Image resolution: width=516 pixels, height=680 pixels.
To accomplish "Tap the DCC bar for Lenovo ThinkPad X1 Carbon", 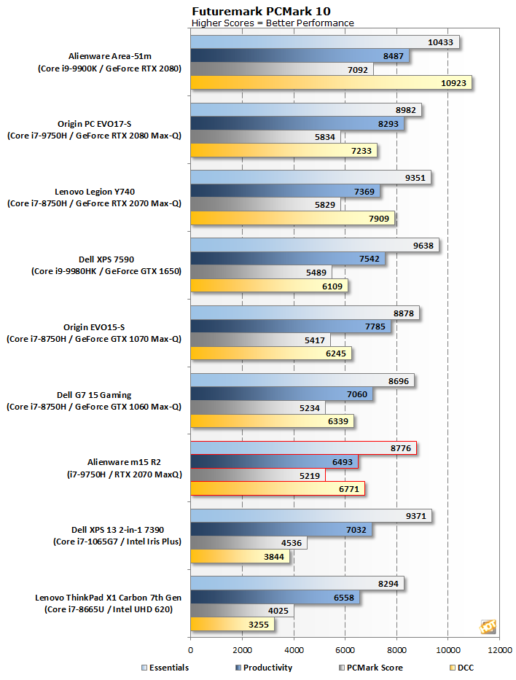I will pyautogui.click(x=232, y=624).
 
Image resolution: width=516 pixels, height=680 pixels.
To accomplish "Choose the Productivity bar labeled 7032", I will pyautogui.click(x=281, y=529).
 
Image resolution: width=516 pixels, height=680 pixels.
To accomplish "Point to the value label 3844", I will pyautogui.click(x=274, y=557).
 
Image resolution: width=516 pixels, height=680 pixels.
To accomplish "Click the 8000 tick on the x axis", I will pyautogui.click(x=396, y=649).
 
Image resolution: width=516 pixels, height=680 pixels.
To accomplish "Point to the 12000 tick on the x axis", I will pyautogui.click(x=499, y=649).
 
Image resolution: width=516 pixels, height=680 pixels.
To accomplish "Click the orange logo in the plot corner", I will pyautogui.click(x=488, y=627).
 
